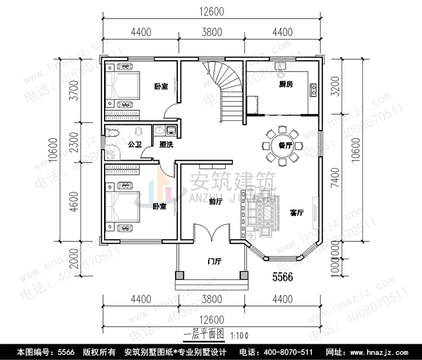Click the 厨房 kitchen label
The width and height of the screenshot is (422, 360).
(x=286, y=85)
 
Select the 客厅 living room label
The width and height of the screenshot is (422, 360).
(x=297, y=213)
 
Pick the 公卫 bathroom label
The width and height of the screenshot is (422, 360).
(x=134, y=145)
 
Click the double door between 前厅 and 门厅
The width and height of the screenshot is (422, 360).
(x=212, y=232)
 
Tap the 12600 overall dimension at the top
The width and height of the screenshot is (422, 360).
(x=212, y=11)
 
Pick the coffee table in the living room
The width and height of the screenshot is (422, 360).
(x=265, y=213)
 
